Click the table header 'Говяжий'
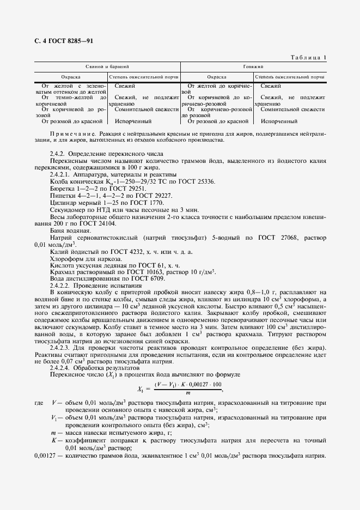coord(253,66)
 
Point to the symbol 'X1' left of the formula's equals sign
coord(143,388)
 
